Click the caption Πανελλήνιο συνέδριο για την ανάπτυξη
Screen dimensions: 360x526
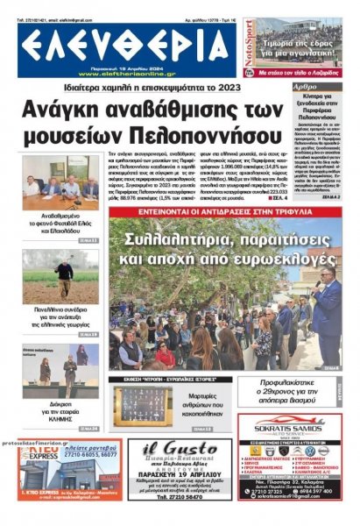60,316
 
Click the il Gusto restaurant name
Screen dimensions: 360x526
180,452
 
